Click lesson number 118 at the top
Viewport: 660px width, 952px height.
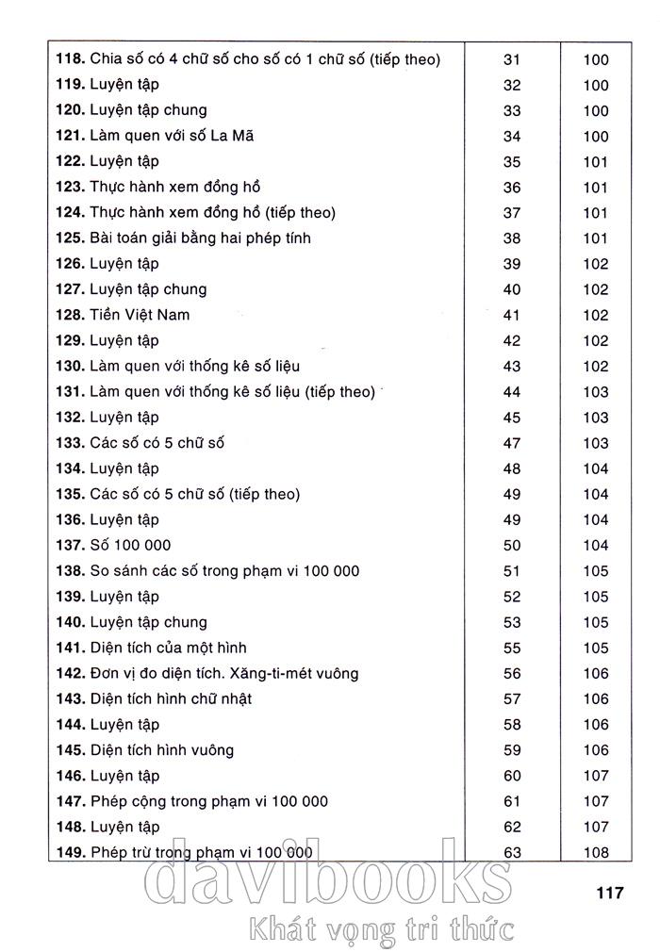click(x=69, y=59)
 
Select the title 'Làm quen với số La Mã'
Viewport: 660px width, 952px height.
click(x=172, y=136)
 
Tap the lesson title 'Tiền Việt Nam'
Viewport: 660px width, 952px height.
click(x=140, y=315)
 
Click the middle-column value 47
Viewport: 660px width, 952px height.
click(x=512, y=443)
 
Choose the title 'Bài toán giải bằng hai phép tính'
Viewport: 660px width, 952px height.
click(x=200, y=238)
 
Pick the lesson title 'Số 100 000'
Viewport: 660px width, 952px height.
click(x=130, y=545)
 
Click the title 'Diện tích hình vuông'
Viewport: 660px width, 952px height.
click(x=162, y=750)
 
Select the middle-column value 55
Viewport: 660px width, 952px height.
click(x=512, y=648)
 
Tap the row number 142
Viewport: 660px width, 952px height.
click(x=69, y=673)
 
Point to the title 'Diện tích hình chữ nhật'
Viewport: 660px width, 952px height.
click(x=172, y=698)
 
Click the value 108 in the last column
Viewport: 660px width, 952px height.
click(x=596, y=853)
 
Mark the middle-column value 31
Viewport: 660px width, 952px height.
click(x=512, y=59)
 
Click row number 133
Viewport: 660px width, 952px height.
click(x=69, y=443)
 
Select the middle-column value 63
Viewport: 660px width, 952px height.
click(x=512, y=853)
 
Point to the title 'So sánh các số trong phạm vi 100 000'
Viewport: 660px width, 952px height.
click(x=224, y=570)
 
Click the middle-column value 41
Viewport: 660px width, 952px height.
click(x=512, y=315)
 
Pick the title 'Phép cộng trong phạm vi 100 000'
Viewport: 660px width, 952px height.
click(x=209, y=801)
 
